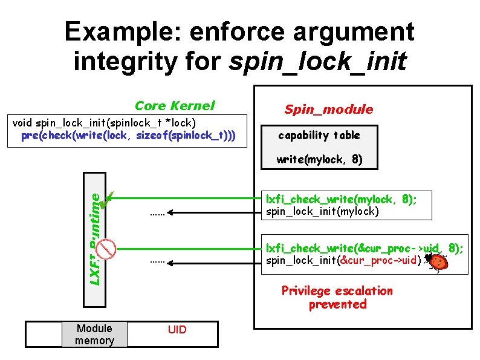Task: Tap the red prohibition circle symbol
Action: (107, 247)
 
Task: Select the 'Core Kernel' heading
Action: (174, 105)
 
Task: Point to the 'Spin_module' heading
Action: (329, 109)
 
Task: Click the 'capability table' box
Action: (319, 135)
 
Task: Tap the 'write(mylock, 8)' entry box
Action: (319, 160)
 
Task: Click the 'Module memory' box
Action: (94, 335)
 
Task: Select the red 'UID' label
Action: (177, 330)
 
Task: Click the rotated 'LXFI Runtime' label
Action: (94, 238)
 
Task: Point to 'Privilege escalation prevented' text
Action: (337, 297)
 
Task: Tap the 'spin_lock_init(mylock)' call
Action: (322, 211)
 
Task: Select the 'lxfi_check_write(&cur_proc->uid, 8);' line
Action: (365, 247)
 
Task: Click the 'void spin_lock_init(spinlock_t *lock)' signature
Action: (103, 123)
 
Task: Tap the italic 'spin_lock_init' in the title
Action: (317, 61)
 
